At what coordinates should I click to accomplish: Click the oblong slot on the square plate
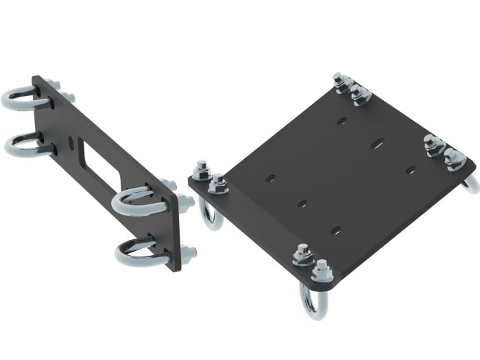(377, 144)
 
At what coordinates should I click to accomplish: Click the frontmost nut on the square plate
(321, 269)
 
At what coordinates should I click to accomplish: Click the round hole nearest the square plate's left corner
(272, 178)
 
